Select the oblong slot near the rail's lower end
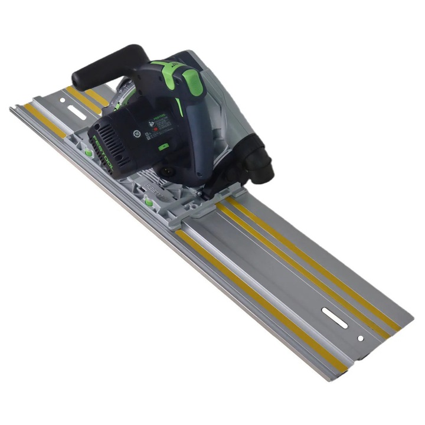coord(335,318)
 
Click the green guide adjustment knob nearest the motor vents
coord(89,153)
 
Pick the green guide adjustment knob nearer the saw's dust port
coord(149,203)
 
